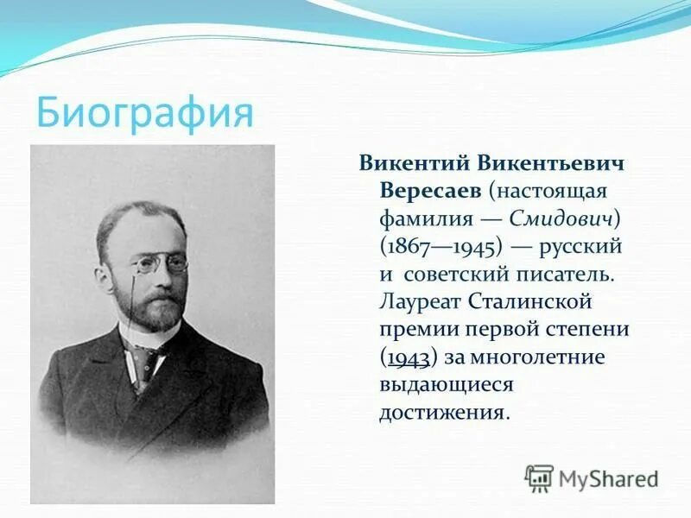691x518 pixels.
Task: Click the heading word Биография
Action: click(144, 112)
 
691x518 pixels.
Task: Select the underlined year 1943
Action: click(409, 358)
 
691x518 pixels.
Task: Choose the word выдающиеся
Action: click(447, 385)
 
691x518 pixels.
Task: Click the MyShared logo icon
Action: click(539, 478)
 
